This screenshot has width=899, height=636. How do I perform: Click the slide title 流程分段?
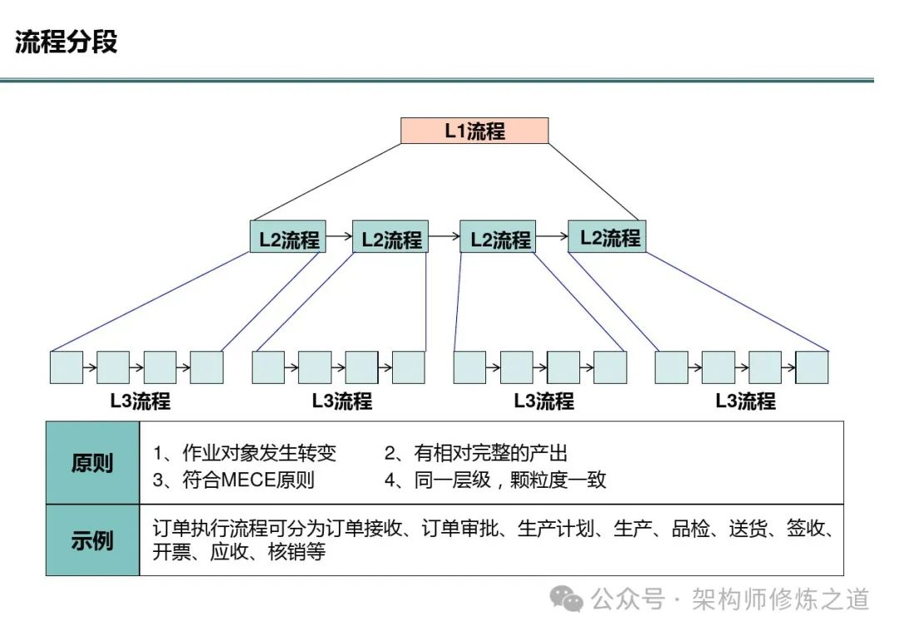pyautogui.click(x=67, y=42)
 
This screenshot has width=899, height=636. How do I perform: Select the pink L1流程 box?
pyautogui.click(x=474, y=131)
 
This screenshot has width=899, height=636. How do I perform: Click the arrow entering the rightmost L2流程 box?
pyautogui.click(x=552, y=237)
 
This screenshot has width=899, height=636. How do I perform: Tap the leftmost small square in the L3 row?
pyautogui.click(x=67, y=367)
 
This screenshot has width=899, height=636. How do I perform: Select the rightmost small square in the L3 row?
pyautogui.click(x=812, y=367)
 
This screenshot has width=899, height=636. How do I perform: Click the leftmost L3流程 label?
pyautogui.click(x=140, y=401)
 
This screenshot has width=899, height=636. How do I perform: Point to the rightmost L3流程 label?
pyautogui.click(x=745, y=401)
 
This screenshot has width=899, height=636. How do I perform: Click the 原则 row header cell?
pyautogui.click(x=92, y=463)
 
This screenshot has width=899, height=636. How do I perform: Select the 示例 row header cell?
pyautogui.click(x=92, y=540)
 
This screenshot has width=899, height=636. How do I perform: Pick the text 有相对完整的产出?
pyautogui.click(x=490, y=454)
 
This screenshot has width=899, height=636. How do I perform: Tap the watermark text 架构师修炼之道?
pyautogui.click(x=780, y=599)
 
